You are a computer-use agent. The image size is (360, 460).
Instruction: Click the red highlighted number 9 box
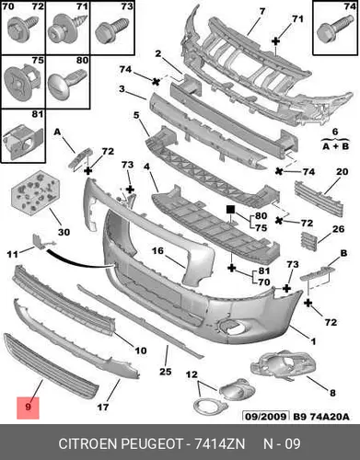point(28,408)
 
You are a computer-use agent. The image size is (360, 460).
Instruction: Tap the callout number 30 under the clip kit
point(64,232)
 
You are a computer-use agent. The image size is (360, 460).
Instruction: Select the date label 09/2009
point(266,417)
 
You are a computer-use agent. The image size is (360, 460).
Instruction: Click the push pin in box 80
point(66,81)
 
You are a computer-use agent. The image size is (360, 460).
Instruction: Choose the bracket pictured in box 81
point(22,141)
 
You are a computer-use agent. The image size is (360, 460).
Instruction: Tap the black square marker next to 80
point(230,209)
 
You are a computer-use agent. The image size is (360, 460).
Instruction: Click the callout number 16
point(158,251)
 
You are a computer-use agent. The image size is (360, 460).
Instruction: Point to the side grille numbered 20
point(319,199)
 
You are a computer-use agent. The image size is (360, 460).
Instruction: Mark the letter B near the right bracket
point(343,253)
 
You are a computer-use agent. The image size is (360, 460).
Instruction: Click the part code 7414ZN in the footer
point(220,443)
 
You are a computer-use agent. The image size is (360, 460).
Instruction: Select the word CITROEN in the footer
point(87,443)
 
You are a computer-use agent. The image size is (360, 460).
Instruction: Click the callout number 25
point(165,372)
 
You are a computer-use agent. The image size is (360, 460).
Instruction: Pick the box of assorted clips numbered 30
point(34,191)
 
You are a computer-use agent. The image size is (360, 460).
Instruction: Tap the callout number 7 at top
point(261,11)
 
